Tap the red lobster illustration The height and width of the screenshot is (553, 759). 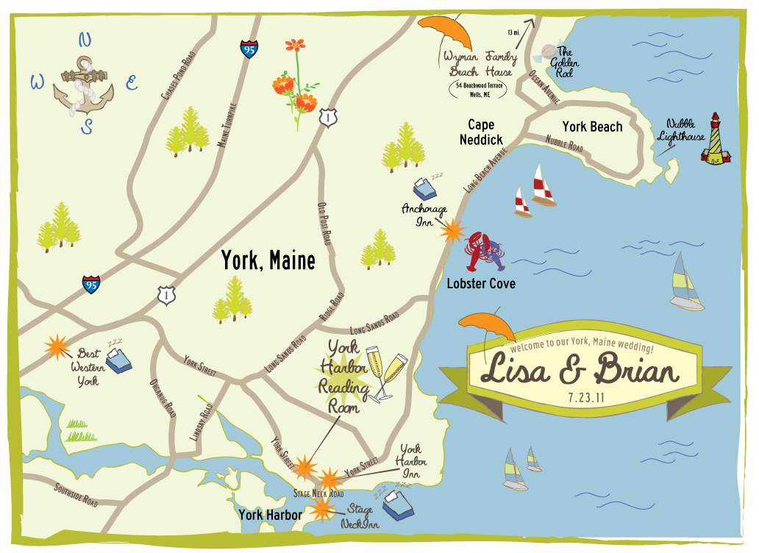(x=485, y=252)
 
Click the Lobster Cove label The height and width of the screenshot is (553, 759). (x=481, y=283)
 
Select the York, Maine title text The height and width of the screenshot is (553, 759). (x=268, y=260)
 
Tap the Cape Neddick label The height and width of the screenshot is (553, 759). (x=481, y=132)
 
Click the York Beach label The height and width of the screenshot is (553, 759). (x=592, y=126)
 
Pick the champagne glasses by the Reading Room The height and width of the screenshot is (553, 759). (x=388, y=373)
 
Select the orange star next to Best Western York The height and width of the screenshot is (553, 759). (x=56, y=347)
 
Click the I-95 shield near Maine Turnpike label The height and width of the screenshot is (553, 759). (x=249, y=50)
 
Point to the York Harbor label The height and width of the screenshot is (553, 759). (x=270, y=515)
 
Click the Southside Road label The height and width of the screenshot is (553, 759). (x=76, y=495)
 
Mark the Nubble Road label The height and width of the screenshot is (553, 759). (x=564, y=143)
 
